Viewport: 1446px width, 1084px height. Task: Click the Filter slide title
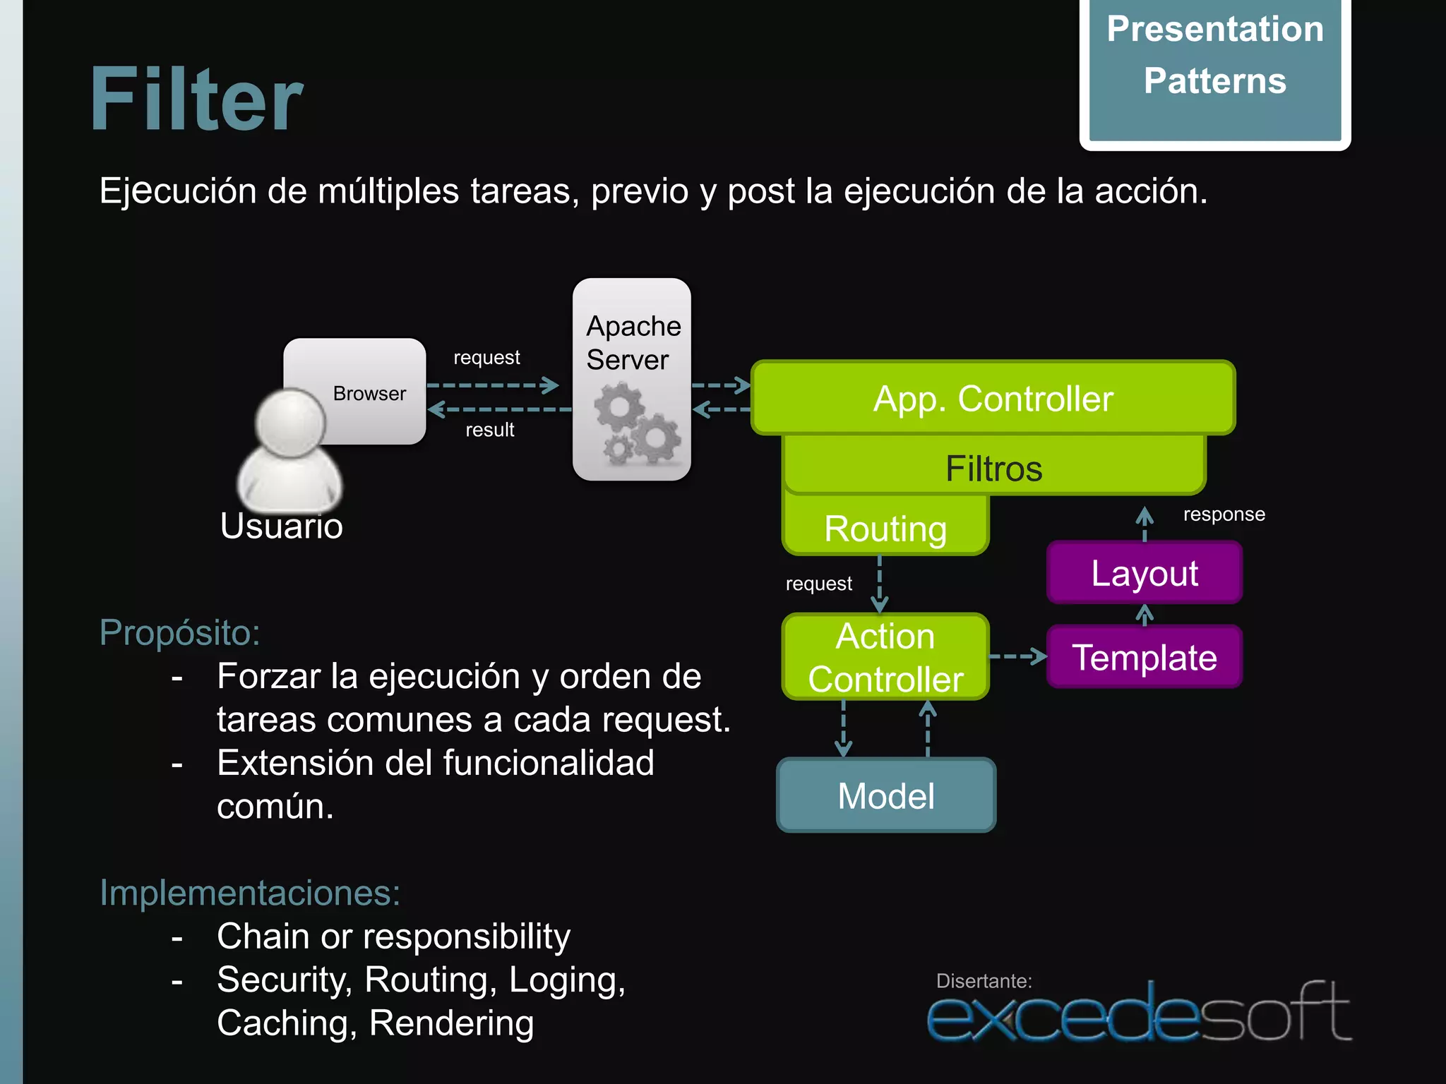(x=197, y=99)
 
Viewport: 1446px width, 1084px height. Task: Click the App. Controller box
(x=993, y=398)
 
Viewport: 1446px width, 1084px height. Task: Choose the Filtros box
(x=993, y=467)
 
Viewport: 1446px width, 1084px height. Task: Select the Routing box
(x=885, y=528)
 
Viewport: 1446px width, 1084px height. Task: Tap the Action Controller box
(x=885, y=657)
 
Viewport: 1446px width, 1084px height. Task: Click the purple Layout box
(x=1144, y=572)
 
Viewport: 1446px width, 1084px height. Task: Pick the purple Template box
(x=1144, y=657)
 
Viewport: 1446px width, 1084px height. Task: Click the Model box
(x=886, y=795)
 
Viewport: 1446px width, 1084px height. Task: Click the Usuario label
(x=281, y=526)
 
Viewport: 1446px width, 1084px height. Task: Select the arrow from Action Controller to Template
(x=1017, y=656)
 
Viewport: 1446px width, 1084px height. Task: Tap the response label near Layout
(x=1224, y=514)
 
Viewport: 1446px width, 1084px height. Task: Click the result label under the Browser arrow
(x=489, y=430)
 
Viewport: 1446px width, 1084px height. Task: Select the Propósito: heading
(x=179, y=632)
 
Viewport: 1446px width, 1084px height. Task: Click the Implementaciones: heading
(x=250, y=892)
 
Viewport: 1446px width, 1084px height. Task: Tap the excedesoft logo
(x=1138, y=1013)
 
